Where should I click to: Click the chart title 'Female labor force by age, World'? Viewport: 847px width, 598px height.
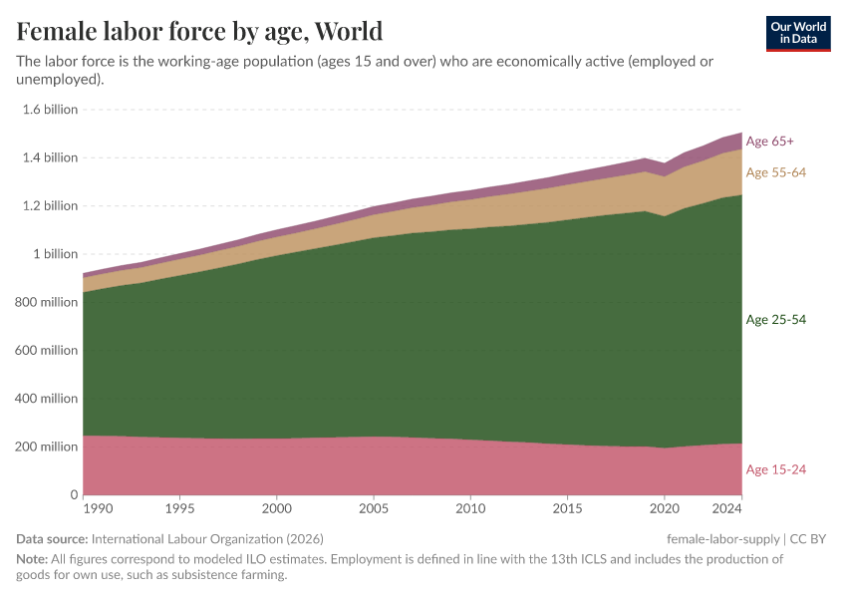pyautogui.click(x=199, y=30)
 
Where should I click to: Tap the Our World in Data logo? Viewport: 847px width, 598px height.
pyautogui.click(x=798, y=33)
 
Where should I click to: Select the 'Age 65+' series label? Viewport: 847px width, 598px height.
pyautogui.click(x=769, y=142)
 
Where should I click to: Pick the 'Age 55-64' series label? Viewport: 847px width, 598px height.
pyautogui.click(x=775, y=172)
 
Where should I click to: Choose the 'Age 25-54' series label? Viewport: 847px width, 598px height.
pyautogui.click(x=775, y=320)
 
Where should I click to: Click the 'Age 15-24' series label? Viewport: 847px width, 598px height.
pyautogui.click(x=775, y=469)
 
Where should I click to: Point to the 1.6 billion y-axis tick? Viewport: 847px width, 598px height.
pyautogui.click(x=50, y=110)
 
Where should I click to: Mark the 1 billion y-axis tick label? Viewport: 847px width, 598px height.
pyautogui.click(x=56, y=254)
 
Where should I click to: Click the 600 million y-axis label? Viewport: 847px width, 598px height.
pyautogui.click(x=46, y=351)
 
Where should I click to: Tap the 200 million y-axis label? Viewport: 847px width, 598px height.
pyautogui.click(x=46, y=447)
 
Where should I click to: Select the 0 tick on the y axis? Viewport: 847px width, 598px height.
pyautogui.click(x=73, y=495)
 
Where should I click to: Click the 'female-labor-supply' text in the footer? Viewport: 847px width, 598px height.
pyautogui.click(x=723, y=538)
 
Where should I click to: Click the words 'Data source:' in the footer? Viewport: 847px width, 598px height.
pyautogui.click(x=52, y=538)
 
